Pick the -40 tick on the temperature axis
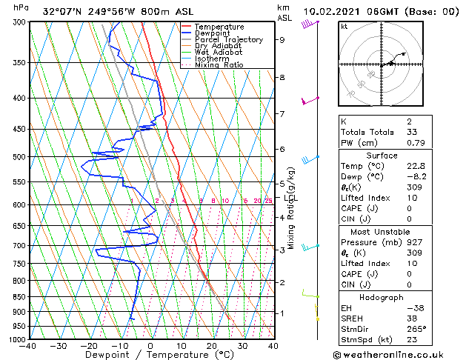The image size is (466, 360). pyautogui.click(x=28, y=346)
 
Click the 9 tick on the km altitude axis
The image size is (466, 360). pyautogui.click(x=282, y=40)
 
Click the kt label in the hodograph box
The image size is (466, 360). pyautogui.click(x=344, y=27)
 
